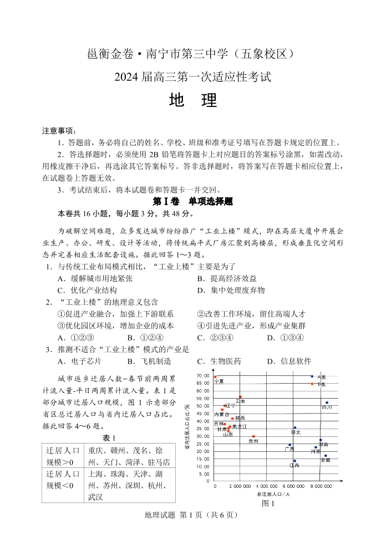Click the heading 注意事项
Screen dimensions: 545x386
click(59, 131)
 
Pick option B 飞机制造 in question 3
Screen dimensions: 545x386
click(149, 361)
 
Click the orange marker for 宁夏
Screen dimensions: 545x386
click(215, 377)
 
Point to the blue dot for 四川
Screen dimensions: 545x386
click(327, 403)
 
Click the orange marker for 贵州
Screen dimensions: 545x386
click(253, 436)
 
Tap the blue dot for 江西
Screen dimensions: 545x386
click(294, 461)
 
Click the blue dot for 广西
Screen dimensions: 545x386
click(289, 445)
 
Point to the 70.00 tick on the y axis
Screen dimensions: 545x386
click(203, 376)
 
